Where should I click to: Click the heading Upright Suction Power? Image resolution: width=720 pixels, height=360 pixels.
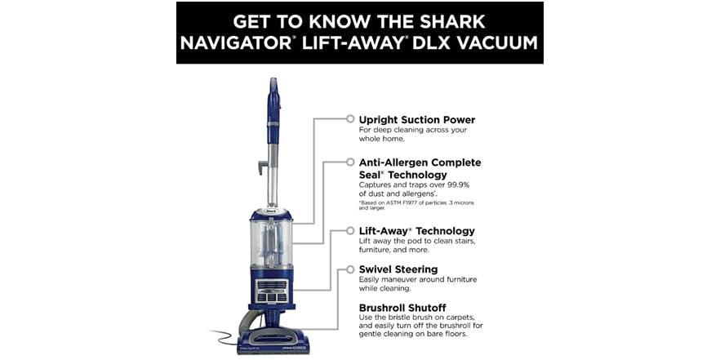click(x=417, y=120)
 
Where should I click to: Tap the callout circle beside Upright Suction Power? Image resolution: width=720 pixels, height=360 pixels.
click(x=350, y=119)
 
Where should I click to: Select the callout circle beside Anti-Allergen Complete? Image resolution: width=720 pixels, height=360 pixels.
click(x=350, y=162)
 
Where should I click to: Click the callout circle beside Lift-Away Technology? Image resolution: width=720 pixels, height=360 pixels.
click(x=350, y=231)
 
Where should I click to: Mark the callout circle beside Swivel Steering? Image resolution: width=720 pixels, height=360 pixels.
click(x=350, y=269)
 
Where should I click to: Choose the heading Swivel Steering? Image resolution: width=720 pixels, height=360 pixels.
click(x=398, y=269)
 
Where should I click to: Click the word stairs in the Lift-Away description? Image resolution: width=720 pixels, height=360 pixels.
click(x=460, y=242)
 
